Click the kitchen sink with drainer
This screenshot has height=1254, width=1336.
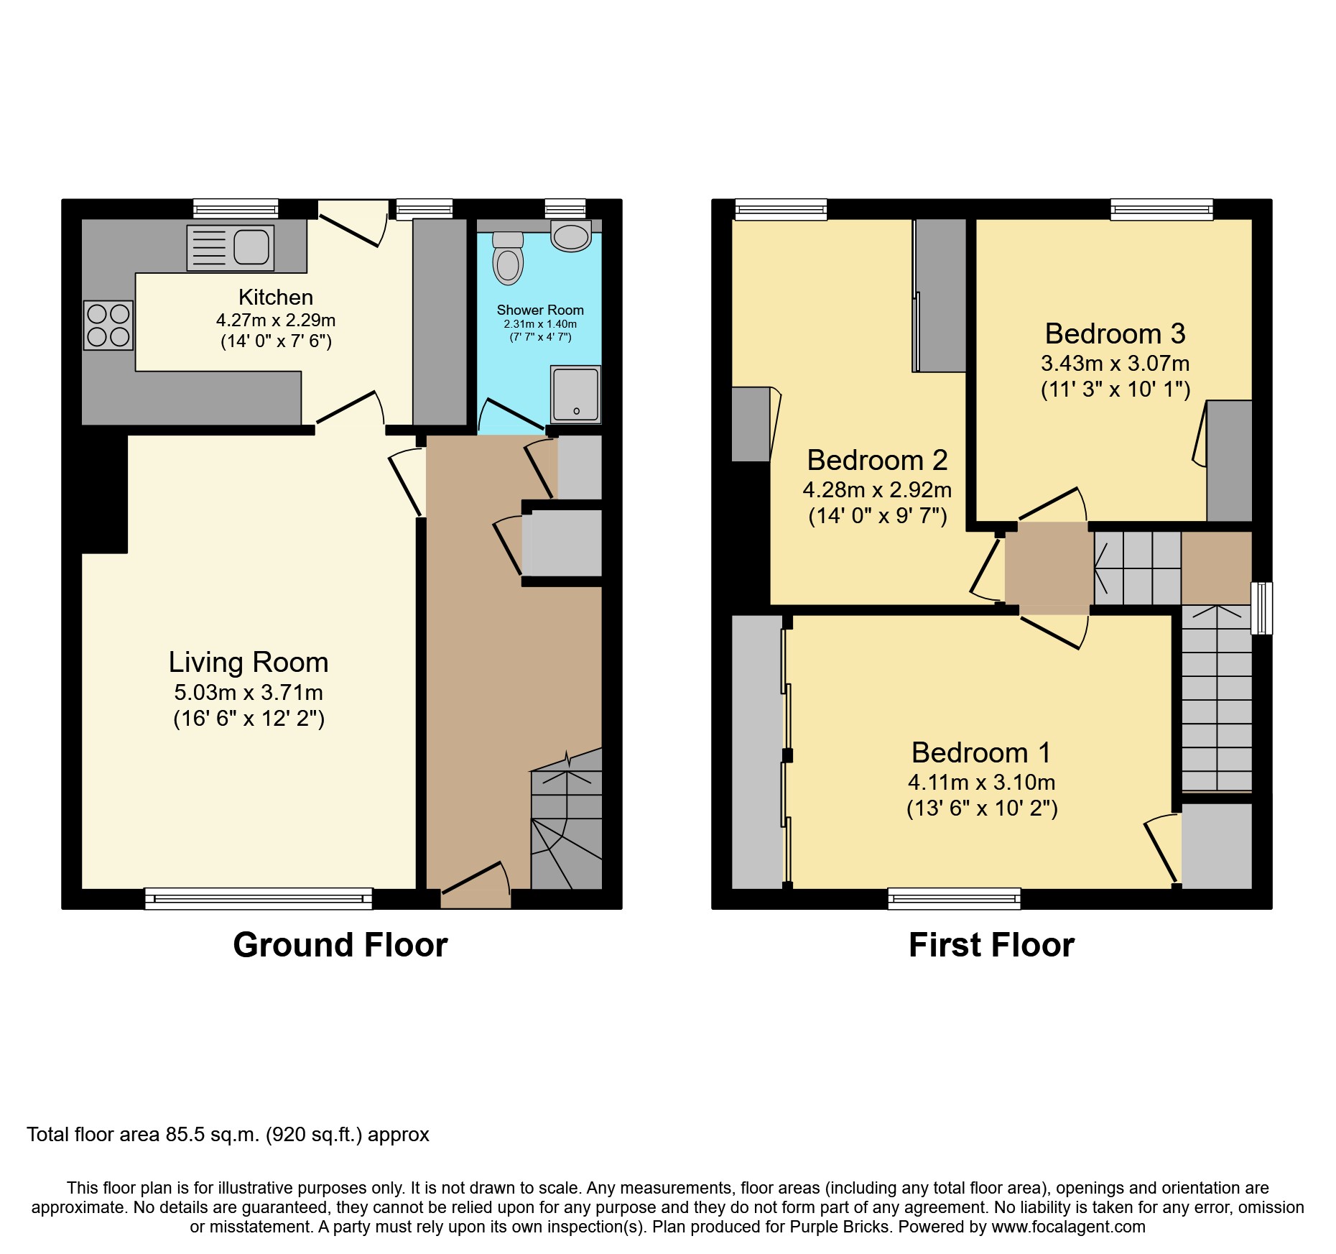pos(231,248)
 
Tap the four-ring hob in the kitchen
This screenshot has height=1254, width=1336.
pos(108,325)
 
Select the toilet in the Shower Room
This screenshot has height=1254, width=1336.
pos(508,258)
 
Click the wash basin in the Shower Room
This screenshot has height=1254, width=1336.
pos(571,235)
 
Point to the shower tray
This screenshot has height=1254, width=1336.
pos(575,395)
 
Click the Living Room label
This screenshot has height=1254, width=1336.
pos(249,662)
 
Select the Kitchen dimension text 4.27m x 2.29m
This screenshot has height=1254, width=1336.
pos(276,320)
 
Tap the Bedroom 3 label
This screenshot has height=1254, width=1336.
pos(1115,333)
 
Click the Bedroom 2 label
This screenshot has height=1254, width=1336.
pos(877,460)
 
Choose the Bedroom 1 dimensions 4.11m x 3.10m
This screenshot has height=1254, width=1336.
pos(982,782)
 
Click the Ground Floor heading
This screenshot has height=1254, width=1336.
pos(340,944)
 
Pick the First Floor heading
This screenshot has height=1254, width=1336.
pos(991,944)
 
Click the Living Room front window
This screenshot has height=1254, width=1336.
pos(259,898)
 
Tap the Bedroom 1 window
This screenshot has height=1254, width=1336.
pos(954,898)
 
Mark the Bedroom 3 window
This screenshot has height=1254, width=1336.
pos(1161,209)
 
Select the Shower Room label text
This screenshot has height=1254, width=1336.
pos(540,310)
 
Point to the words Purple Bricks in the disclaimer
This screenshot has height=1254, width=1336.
pos(840,1227)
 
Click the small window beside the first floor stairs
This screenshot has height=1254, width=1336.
pos(1262,608)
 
